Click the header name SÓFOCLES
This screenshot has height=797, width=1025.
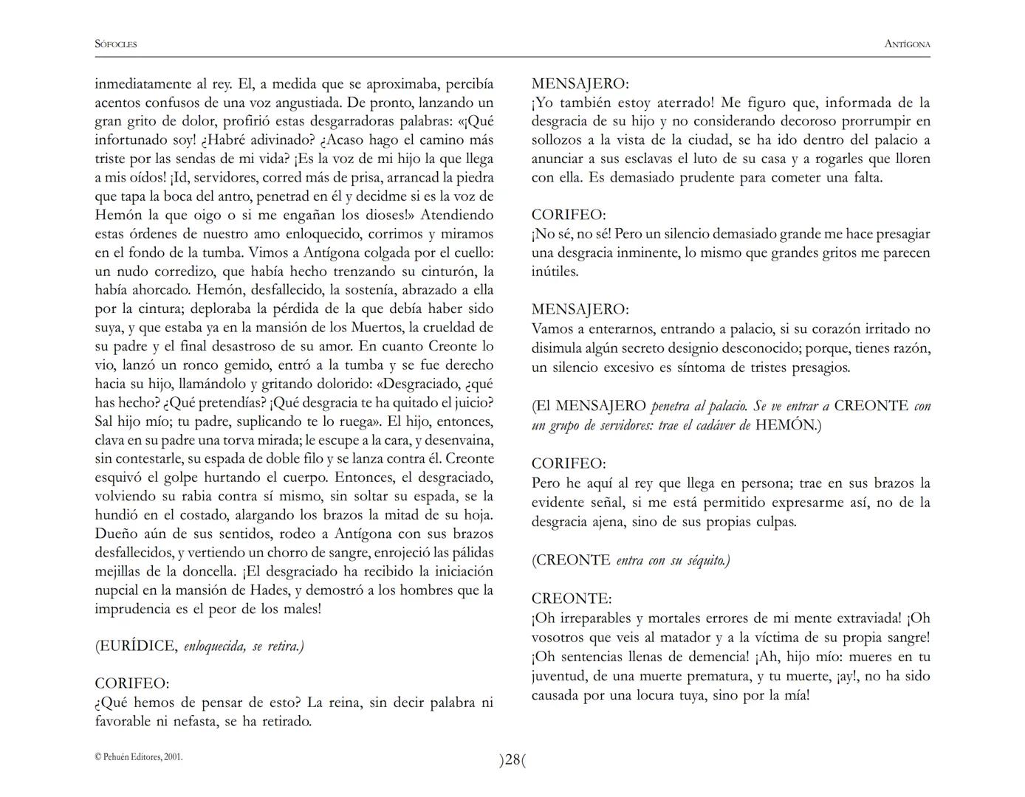click(x=116, y=44)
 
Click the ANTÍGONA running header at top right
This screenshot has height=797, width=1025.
click(x=907, y=44)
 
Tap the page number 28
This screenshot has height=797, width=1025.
click(x=512, y=760)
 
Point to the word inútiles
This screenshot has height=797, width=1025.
click(x=555, y=272)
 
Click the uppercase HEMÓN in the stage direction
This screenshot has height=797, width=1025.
click(x=784, y=426)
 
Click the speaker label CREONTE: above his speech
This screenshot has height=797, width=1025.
click(x=572, y=598)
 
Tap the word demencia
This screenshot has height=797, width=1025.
click(x=716, y=657)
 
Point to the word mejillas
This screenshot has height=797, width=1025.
click(x=120, y=572)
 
